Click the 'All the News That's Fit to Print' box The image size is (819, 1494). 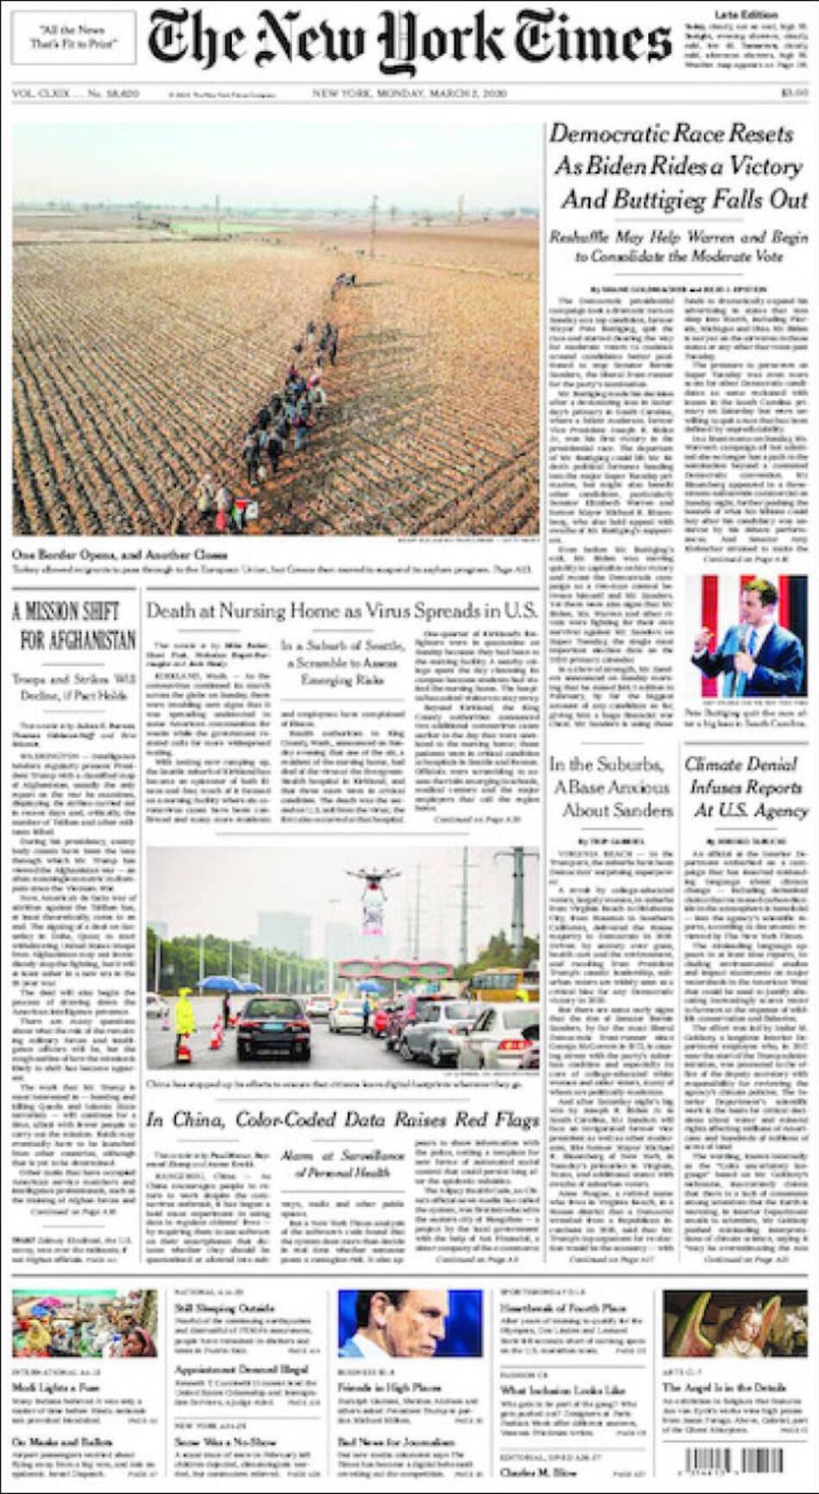[73, 37]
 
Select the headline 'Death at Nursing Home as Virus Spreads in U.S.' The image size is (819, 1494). [341, 611]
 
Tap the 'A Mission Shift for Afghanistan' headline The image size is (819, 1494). [75, 626]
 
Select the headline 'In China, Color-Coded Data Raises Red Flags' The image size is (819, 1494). [341, 1120]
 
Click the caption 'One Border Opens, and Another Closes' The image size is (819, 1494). [120, 555]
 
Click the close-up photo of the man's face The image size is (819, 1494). [409, 1323]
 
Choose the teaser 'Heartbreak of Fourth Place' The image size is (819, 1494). [562, 1309]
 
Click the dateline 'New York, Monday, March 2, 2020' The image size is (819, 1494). [409, 93]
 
